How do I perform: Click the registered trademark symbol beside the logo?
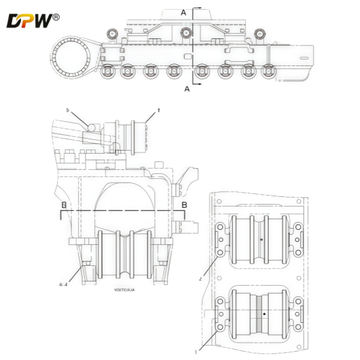pyautogui.click(x=56, y=17)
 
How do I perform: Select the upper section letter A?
pyautogui.click(x=184, y=11)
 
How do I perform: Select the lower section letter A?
pyautogui.click(x=187, y=89)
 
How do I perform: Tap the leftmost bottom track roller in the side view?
pyautogui.click(x=109, y=72)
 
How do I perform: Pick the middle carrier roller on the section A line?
pyautogui.click(x=185, y=32)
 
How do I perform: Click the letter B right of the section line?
pyautogui.click(x=184, y=205)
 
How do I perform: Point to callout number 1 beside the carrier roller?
pyautogui.click(x=159, y=110)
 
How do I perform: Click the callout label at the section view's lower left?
pyautogui.click(x=62, y=284)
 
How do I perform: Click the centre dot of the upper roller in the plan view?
pyautogui.click(x=262, y=240)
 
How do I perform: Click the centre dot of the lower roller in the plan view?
pyautogui.click(x=263, y=314)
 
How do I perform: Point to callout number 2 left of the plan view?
pyautogui.click(x=202, y=275)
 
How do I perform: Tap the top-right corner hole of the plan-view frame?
pyautogui.click(x=303, y=201)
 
